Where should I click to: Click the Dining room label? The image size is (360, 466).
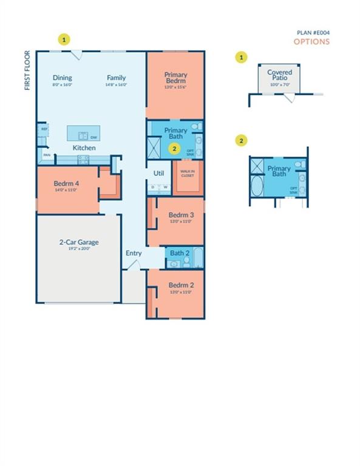tap(62, 78)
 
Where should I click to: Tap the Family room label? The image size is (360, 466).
tap(116, 78)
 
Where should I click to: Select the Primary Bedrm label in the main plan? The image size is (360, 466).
tap(176, 78)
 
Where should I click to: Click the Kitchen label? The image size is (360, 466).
tap(84, 148)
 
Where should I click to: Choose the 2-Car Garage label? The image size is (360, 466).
tap(79, 242)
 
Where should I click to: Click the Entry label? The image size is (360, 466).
tap(134, 253)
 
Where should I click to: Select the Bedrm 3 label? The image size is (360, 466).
tap(180, 215)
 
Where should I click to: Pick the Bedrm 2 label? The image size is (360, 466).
tap(180, 285)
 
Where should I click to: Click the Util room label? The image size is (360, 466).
tap(158, 173)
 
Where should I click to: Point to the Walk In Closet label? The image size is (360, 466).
tap(187, 173)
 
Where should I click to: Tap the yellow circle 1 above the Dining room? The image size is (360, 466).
tap(64, 39)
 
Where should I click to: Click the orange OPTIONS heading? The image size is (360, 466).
tap(311, 42)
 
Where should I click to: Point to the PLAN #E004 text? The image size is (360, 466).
tap(313, 33)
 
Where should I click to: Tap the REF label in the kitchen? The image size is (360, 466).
tap(44, 129)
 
